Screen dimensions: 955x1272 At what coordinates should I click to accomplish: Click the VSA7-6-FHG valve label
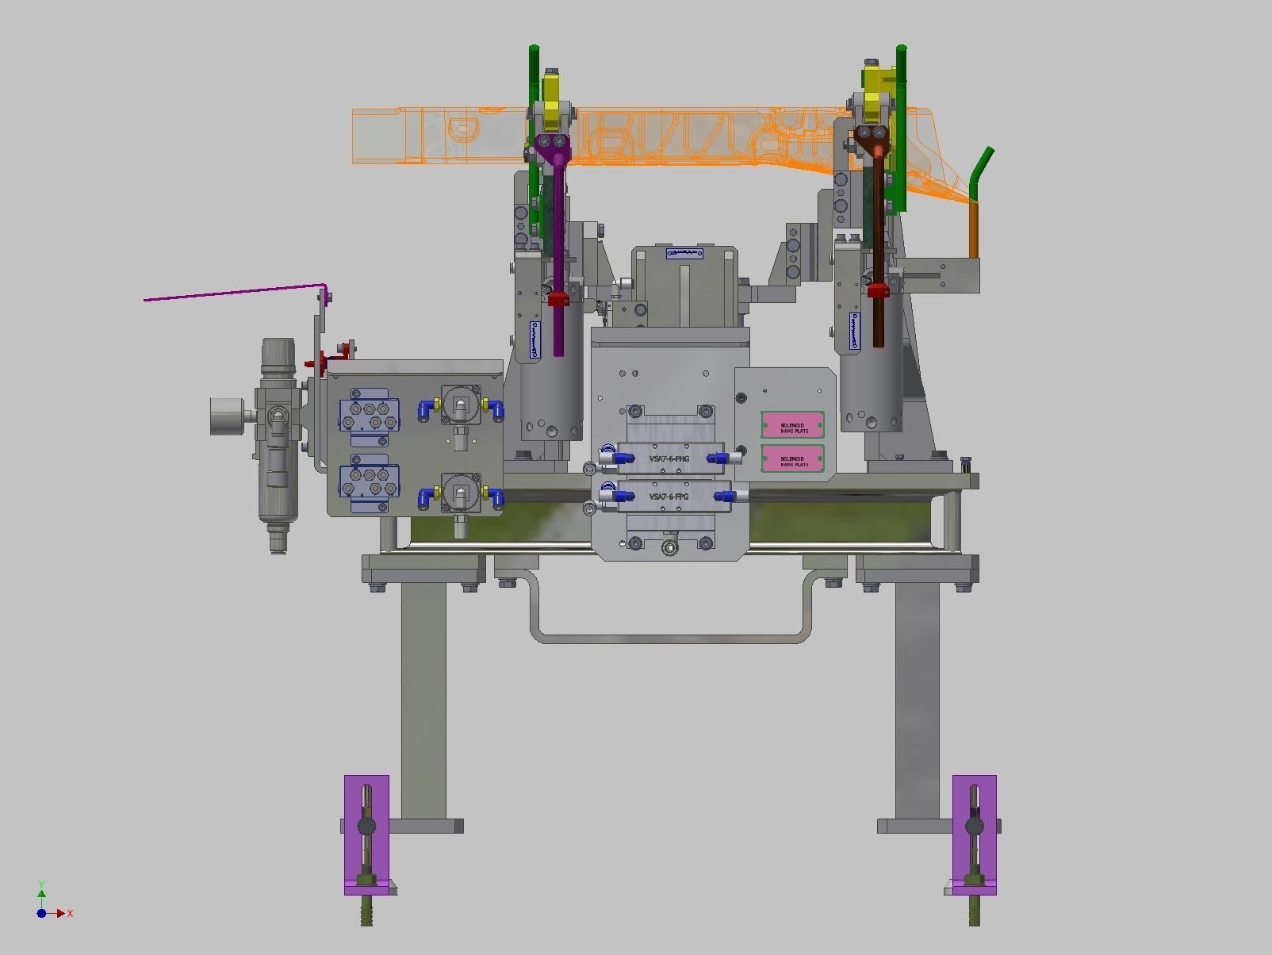669,458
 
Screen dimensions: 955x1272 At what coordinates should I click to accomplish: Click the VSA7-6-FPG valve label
669,497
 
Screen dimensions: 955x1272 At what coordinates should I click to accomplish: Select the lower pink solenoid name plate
793,459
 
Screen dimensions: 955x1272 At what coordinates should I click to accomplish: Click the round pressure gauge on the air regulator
227,416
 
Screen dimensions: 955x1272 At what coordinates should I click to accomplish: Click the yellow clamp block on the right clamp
875,87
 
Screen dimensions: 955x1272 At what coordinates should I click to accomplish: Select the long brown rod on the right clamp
879,254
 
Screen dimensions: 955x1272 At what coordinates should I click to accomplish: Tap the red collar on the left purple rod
558,300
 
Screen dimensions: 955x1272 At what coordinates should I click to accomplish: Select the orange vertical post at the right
975,230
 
